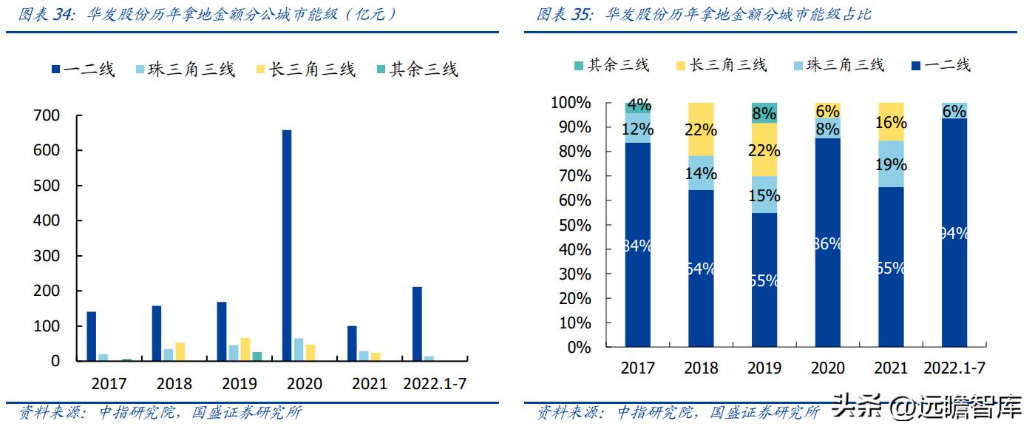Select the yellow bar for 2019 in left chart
coord(245,349)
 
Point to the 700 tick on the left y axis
coord(46,115)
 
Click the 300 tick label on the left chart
coord(46,256)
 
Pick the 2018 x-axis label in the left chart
coord(174,383)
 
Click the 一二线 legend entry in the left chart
coord(83,70)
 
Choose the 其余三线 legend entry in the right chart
coord(611,65)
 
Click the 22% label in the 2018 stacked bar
coord(700,130)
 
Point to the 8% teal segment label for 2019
coord(764,113)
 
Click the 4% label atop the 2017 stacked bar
coord(638,104)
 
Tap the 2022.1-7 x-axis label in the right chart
coord(955,368)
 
